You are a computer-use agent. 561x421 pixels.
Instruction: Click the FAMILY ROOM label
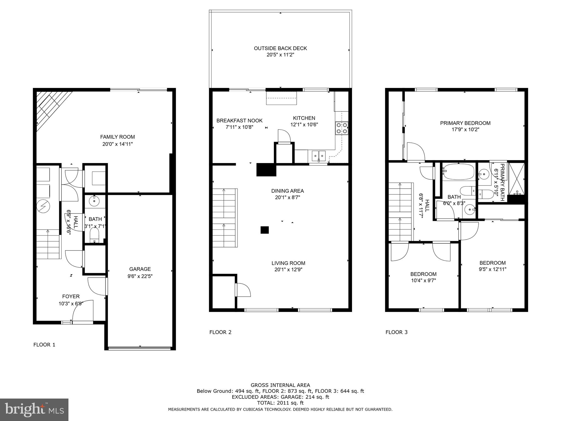(117, 137)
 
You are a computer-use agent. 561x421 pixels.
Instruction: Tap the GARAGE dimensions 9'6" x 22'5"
(140, 276)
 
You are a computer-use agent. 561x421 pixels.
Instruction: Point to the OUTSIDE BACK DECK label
(280, 48)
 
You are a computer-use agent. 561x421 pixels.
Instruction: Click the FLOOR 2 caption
(220, 332)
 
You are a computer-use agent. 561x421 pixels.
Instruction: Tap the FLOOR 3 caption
(396, 332)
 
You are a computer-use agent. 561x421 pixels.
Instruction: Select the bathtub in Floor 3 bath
(458, 172)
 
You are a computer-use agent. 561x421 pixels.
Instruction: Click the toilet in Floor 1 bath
(94, 235)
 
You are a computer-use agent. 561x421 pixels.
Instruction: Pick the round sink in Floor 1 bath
(95, 201)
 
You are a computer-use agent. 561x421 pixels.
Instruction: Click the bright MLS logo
(34, 409)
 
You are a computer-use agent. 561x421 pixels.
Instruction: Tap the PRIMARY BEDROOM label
(465, 123)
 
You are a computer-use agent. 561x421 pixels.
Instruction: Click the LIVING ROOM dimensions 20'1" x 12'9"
(288, 270)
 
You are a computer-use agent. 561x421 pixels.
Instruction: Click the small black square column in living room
(264, 230)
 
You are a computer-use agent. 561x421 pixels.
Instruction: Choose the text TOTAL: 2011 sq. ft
(280, 403)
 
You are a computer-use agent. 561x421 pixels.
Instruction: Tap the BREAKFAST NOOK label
(239, 121)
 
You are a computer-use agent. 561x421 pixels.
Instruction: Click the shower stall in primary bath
(516, 179)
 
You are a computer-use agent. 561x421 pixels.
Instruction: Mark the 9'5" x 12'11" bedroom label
(492, 269)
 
